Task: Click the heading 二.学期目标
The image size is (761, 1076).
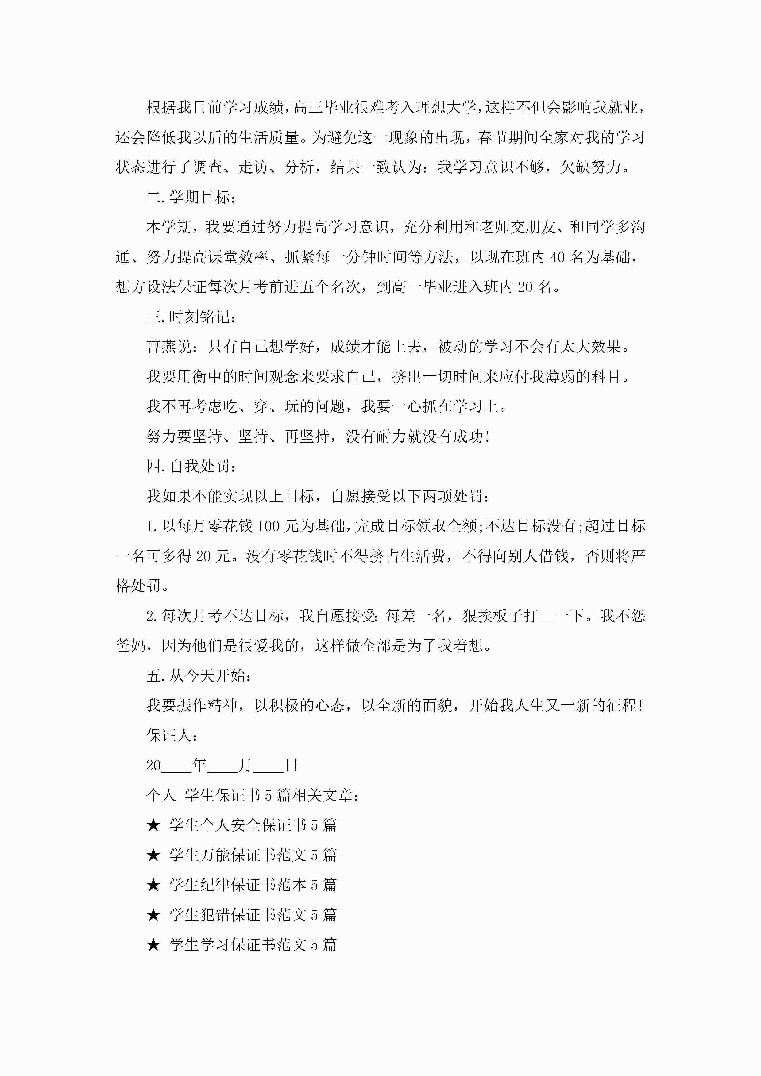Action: point(191,197)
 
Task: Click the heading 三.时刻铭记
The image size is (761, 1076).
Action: point(191,317)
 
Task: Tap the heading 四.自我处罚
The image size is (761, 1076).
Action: point(191,466)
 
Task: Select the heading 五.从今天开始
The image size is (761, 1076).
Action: point(199,676)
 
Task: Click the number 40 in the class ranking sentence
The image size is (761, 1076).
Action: point(557,257)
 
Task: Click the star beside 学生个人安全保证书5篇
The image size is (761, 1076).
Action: point(153,825)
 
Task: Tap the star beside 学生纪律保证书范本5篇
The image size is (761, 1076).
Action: point(153,885)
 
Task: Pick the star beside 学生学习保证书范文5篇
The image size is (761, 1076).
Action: point(153,945)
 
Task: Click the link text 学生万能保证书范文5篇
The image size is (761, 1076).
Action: point(253,855)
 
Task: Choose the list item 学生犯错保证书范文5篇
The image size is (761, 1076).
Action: point(253,915)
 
